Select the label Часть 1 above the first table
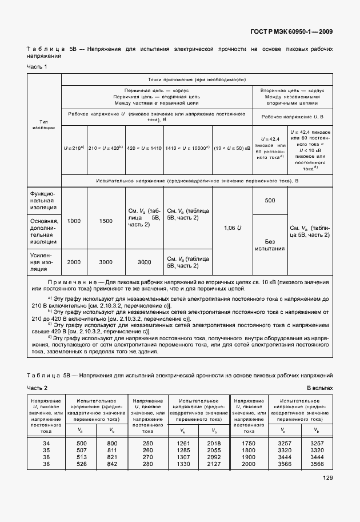point(37,67)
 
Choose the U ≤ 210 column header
point(74,148)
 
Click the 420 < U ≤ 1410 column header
point(144,148)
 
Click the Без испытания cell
point(270,244)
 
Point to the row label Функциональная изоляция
point(43,201)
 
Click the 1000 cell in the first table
point(74,221)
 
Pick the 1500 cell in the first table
point(106,221)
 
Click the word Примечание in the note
point(68,283)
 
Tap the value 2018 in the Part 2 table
point(213,443)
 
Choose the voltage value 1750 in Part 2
point(249,443)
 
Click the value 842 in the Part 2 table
point(112,464)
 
